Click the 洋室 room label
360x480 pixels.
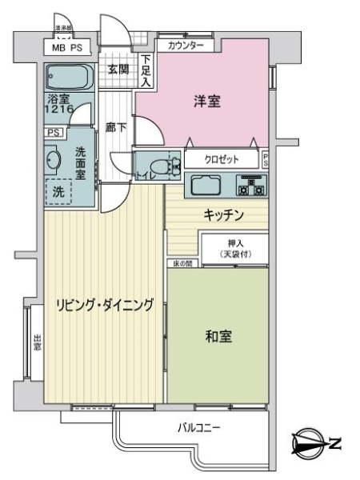coord(206,102)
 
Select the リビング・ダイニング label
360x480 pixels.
coord(104,304)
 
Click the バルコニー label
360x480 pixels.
coord(198,428)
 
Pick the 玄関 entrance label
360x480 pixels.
coord(118,70)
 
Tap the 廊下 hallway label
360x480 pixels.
coord(116,127)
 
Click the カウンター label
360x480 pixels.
coord(186,46)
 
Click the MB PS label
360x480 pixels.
coord(66,49)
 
